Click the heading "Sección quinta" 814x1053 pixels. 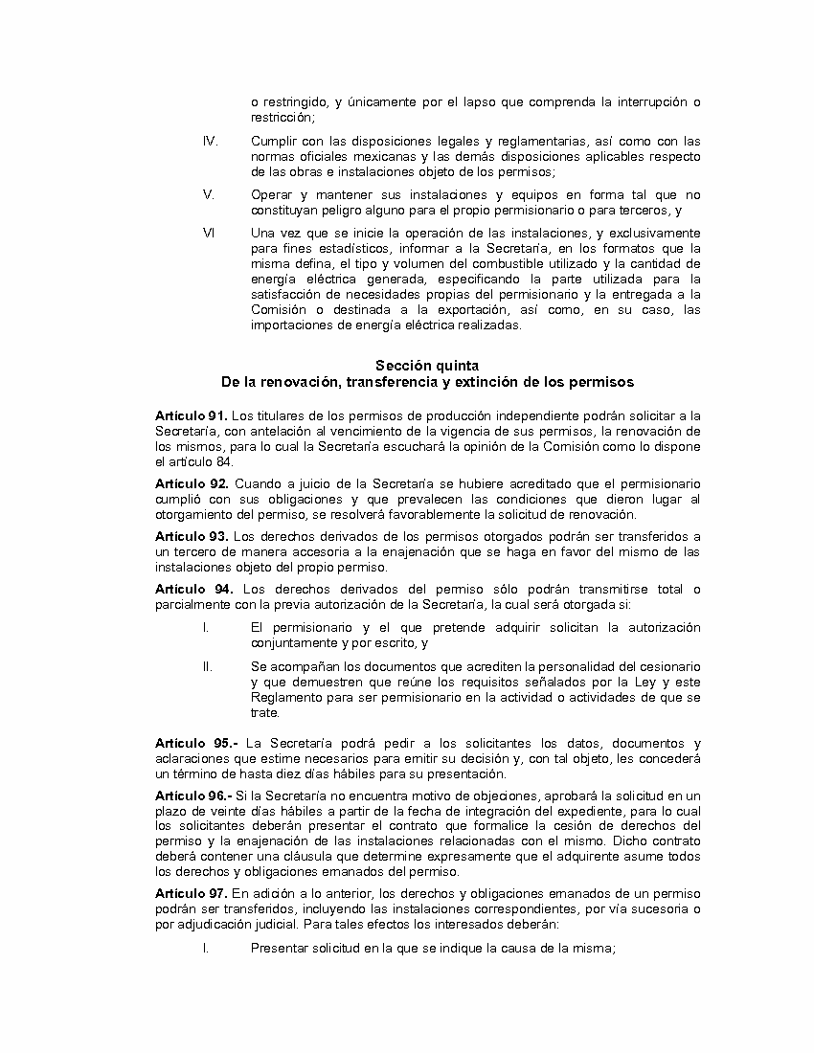pyautogui.click(x=427, y=366)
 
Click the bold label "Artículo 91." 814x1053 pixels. pyautogui.click(x=191, y=415)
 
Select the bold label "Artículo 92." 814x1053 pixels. pyautogui.click(x=191, y=484)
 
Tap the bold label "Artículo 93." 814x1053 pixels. pyautogui.click(x=191, y=536)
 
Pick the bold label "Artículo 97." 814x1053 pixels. pyautogui.click(x=191, y=893)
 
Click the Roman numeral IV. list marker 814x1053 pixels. pyautogui.click(x=210, y=141)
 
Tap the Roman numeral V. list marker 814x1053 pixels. pyautogui.click(x=208, y=193)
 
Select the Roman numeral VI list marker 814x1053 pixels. pyautogui.click(x=208, y=233)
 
